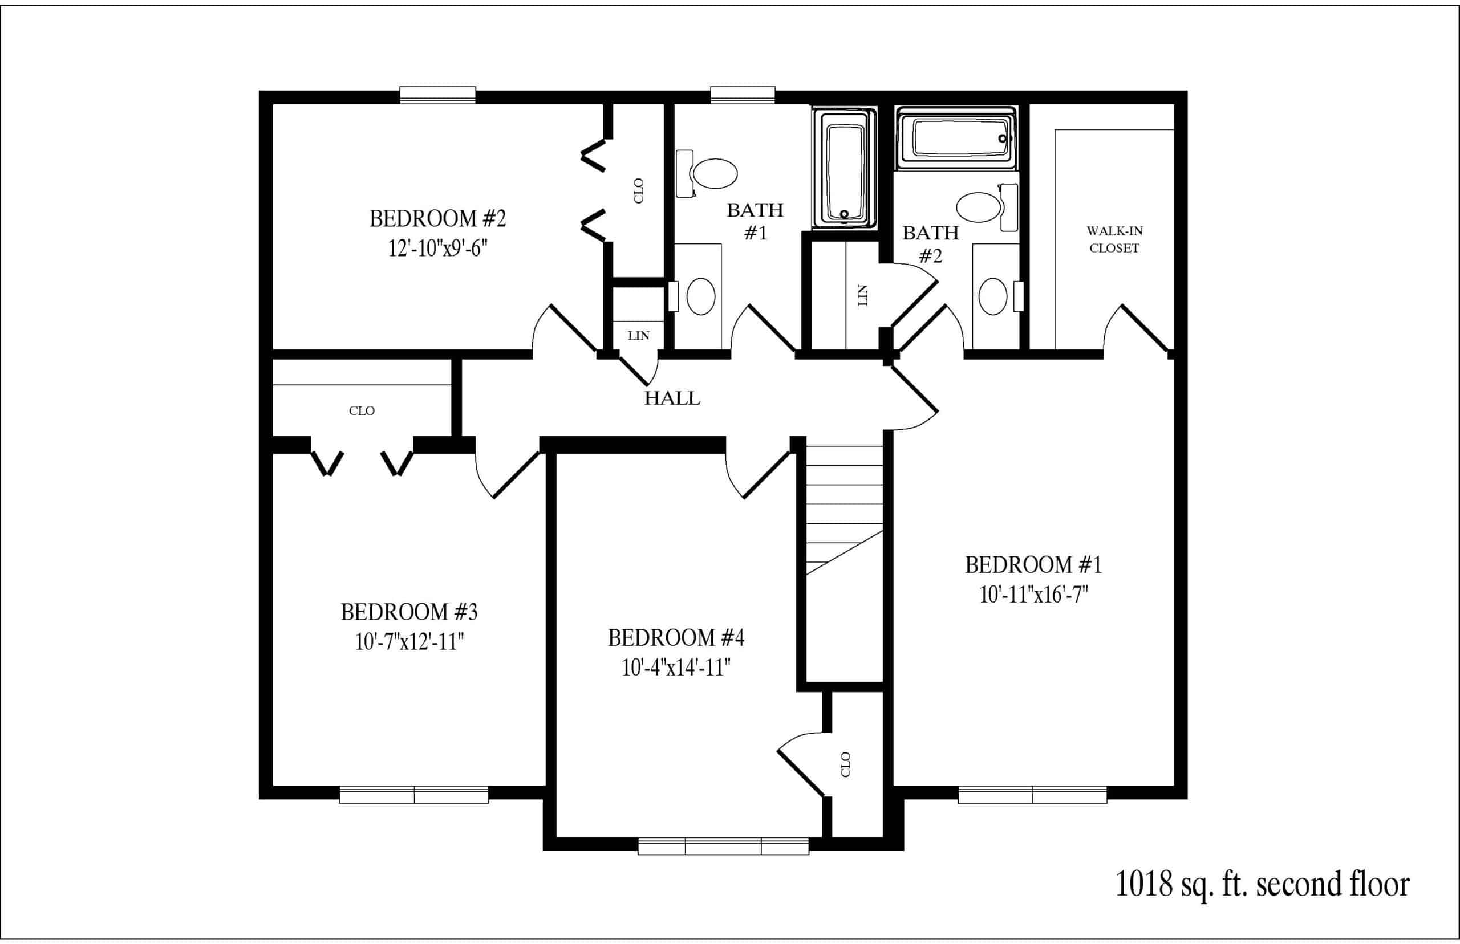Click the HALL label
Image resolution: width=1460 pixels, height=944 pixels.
[672, 398]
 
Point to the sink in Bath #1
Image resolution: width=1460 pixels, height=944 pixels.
[701, 296]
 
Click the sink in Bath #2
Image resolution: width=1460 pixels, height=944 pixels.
[993, 296]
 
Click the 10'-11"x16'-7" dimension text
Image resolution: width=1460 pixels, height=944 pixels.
[1034, 594]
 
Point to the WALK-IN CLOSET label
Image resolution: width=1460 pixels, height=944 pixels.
[1114, 239]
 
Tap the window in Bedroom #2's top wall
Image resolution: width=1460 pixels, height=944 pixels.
[438, 95]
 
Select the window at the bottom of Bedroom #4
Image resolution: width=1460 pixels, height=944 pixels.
[724, 847]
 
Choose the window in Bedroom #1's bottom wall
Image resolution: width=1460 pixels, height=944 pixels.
[1033, 795]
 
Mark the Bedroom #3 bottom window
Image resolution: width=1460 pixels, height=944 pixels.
[414, 795]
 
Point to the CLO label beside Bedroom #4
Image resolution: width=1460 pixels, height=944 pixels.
[846, 764]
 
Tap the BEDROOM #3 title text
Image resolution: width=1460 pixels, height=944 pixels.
[409, 612]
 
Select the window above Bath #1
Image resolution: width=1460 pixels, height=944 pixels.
[743, 95]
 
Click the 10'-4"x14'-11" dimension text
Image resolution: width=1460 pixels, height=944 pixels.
[676, 667]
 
